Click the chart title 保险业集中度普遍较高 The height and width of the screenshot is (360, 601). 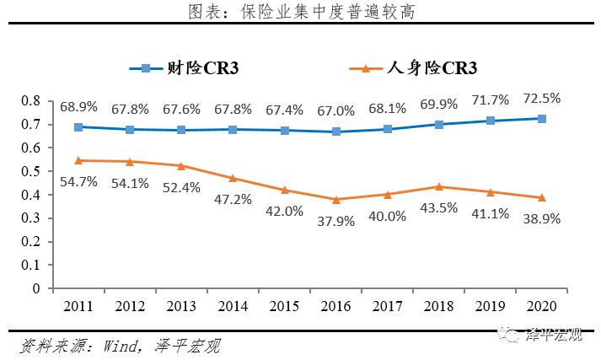point(301,11)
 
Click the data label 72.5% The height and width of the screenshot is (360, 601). point(541,98)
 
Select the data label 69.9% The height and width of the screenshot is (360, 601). point(438,105)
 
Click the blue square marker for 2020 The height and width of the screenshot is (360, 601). point(542,119)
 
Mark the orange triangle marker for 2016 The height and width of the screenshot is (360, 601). point(336,200)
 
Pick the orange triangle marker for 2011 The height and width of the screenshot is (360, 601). point(78,160)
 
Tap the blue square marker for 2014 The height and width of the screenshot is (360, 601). point(233,130)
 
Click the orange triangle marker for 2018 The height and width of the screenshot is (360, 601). point(439,186)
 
